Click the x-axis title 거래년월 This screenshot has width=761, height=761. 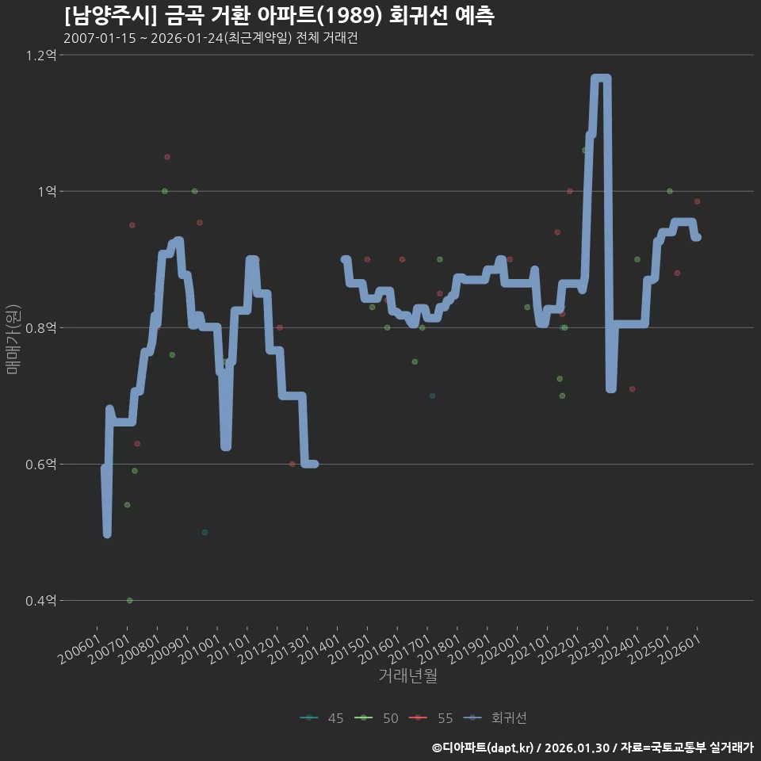(407, 675)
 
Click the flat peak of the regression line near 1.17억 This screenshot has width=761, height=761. (601, 78)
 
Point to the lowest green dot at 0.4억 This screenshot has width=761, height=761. (130, 600)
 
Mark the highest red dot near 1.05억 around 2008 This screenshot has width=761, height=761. (167, 157)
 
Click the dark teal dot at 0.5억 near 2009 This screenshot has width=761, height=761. (205, 532)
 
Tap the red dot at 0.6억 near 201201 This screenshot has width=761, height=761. (292, 464)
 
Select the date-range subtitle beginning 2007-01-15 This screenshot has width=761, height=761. (210, 38)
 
